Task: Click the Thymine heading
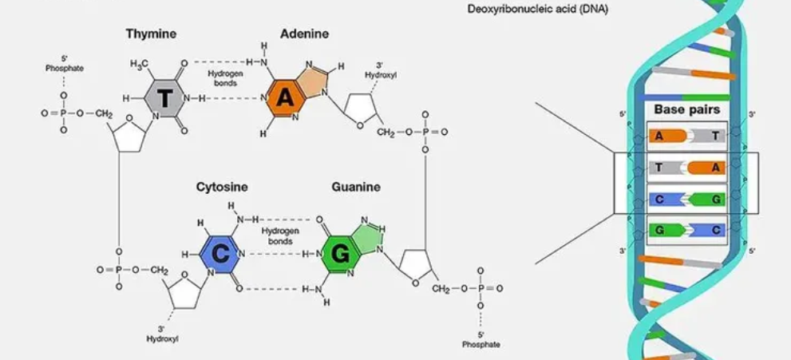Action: [x=151, y=34]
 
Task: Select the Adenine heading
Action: [x=304, y=34]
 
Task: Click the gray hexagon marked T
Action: [x=165, y=98]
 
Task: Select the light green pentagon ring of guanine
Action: [x=368, y=237]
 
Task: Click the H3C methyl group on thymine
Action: [x=140, y=63]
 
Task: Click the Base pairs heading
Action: [x=686, y=109]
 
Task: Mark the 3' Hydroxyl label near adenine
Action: [x=381, y=70]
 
